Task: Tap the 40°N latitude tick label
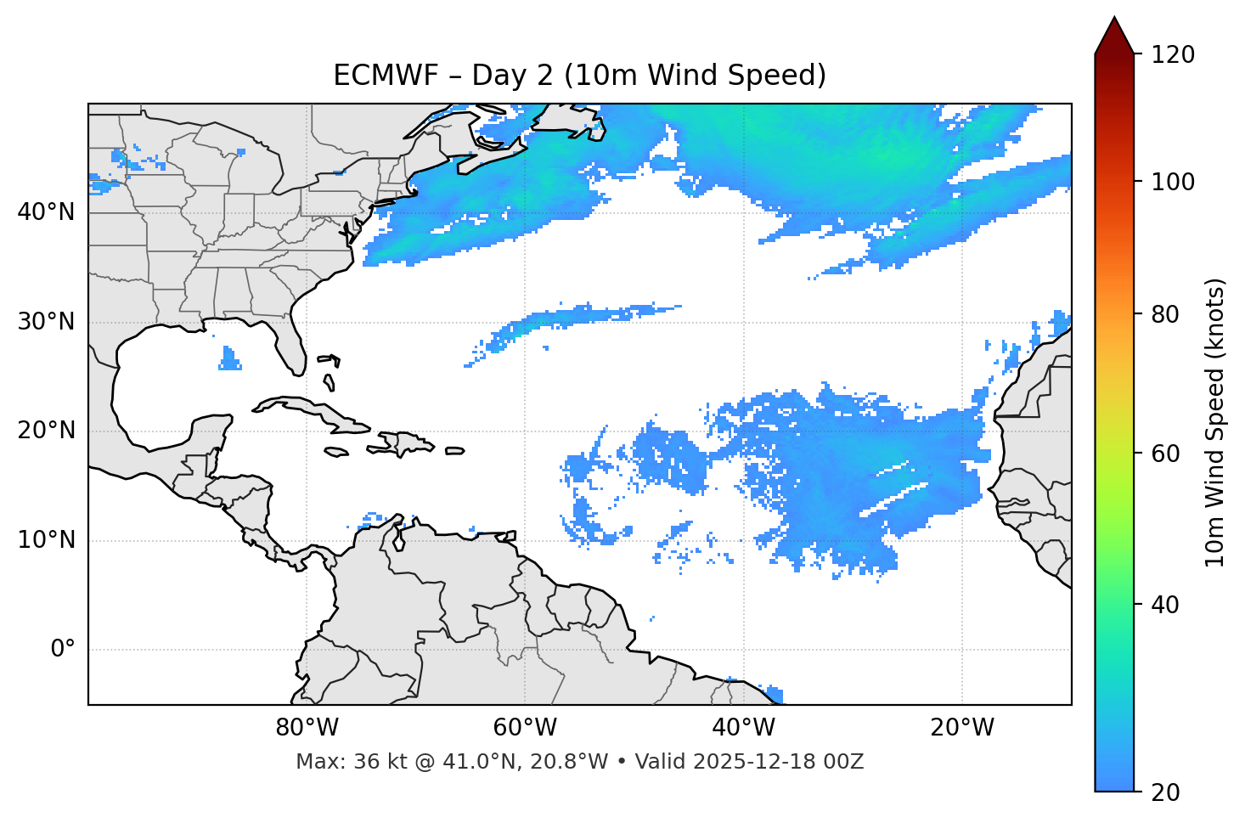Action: [46, 212]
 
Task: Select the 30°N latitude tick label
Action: [46, 322]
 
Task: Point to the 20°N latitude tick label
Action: [46, 431]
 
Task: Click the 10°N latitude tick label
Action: [46, 540]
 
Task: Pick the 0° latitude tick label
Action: [62, 650]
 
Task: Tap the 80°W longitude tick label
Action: [307, 728]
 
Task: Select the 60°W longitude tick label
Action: [525, 728]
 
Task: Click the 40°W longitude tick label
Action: [743, 728]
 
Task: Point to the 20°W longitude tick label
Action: [961, 728]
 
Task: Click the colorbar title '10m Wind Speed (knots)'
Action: [1215, 423]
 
